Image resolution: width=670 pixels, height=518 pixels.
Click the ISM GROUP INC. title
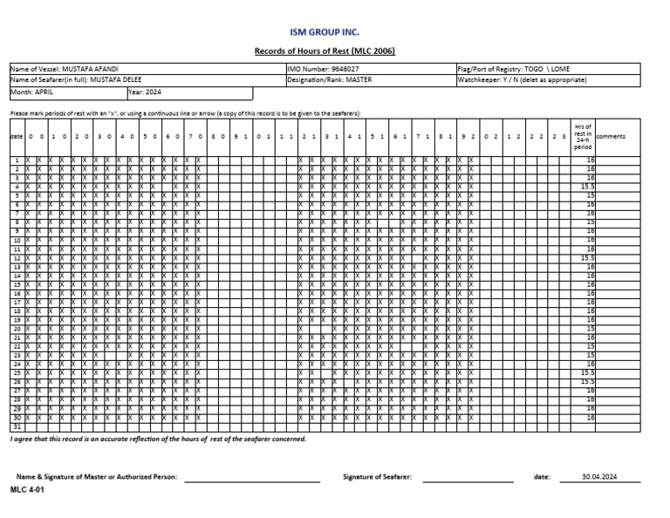point(324,31)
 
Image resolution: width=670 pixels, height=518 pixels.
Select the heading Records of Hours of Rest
point(324,51)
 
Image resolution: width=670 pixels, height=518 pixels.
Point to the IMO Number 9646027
point(323,69)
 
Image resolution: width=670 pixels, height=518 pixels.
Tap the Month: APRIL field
point(32,91)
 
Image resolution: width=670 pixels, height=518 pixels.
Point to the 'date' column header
point(17,137)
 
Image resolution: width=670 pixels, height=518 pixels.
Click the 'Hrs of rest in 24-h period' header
point(583,137)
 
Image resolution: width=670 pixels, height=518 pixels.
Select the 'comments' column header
point(611,137)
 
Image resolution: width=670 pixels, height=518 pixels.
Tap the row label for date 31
point(17,427)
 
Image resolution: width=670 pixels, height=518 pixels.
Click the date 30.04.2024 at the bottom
point(599,477)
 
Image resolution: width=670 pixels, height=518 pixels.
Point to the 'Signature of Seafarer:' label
point(378,477)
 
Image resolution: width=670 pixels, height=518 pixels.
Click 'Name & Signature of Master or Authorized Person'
point(97,477)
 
